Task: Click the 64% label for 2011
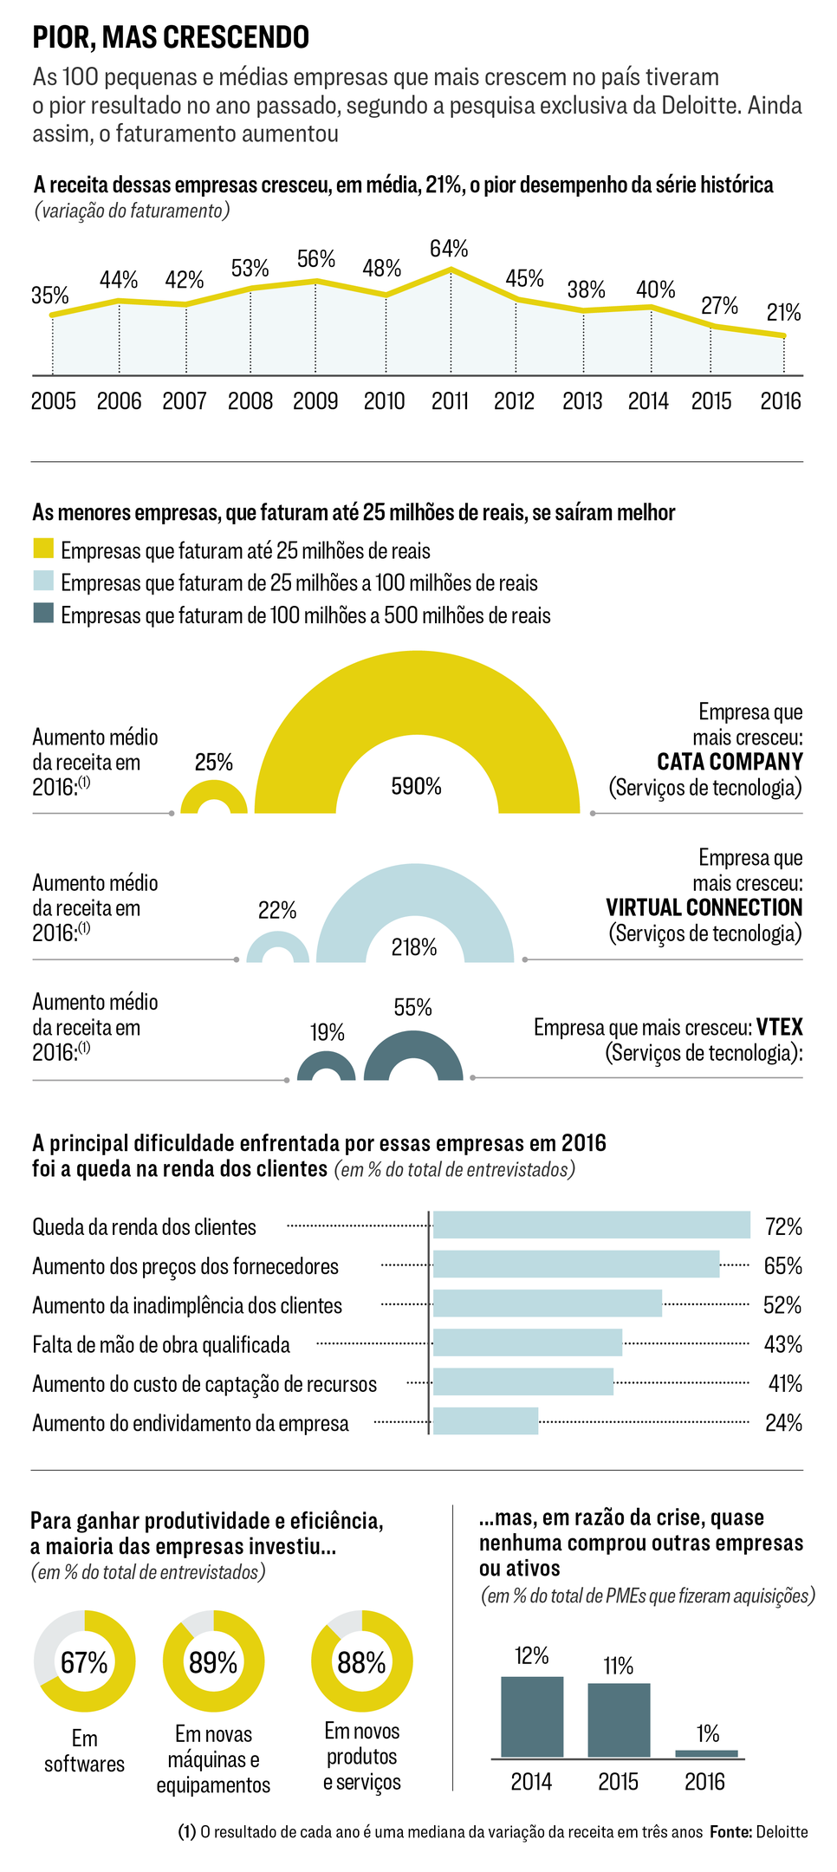pyautogui.click(x=449, y=249)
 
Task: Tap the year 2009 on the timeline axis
pyautogui.click(x=315, y=401)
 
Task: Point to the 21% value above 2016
pyautogui.click(x=783, y=313)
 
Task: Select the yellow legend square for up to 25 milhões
pyautogui.click(x=43, y=549)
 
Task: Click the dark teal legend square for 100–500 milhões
pyautogui.click(x=43, y=614)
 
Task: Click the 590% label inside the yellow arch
pyautogui.click(x=417, y=786)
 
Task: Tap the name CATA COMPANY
pyautogui.click(x=730, y=762)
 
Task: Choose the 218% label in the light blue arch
pyautogui.click(x=414, y=947)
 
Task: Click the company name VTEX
pyautogui.click(x=779, y=1027)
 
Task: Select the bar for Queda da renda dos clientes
pyautogui.click(x=591, y=1225)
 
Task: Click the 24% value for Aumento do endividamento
pyautogui.click(x=783, y=1423)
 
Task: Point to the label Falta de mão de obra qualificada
pyautogui.click(x=161, y=1345)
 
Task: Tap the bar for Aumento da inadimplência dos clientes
pyautogui.click(x=547, y=1303)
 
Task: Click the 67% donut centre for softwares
pyautogui.click(x=84, y=1662)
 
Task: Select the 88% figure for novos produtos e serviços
pyautogui.click(x=361, y=1662)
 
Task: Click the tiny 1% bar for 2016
pyautogui.click(x=706, y=1753)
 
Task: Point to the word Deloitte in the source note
pyautogui.click(x=782, y=1832)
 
